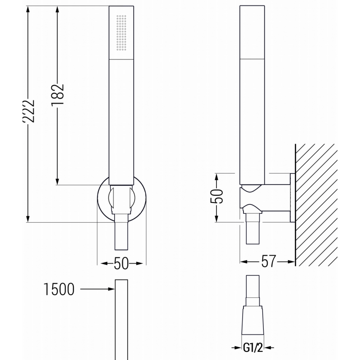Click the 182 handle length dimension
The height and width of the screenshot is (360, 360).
click(x=58, y=94)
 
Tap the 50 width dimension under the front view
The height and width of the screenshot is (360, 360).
click(x=121, y=264)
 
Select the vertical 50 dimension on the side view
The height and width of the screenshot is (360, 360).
click(x=217, y=197)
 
